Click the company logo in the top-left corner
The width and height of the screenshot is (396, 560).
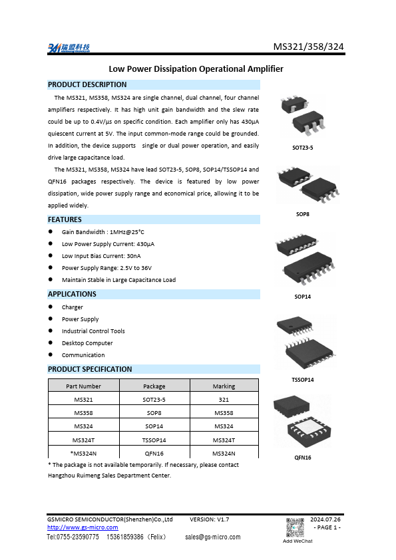pyautogui.click(x=69, y=48)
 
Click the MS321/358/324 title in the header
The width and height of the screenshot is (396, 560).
pyautogui.click(x=309, y=47)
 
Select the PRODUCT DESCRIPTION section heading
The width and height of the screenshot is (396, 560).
pyautogui.click(x=87, y=84)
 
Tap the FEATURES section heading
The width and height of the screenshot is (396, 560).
pyautogui.click(x=65, y=219)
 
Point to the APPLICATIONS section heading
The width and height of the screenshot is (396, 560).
pyautogui.click(x=72, y=294)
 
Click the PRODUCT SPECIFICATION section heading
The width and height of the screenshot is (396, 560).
pyautogui.click(x=90, y=369)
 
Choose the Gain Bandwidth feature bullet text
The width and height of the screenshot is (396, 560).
pyautogui.click(x=102, y=232)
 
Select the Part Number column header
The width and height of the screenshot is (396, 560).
pyautogui.click(x=83, y=386)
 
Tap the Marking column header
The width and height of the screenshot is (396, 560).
pyautogui.click(x=224, y=386)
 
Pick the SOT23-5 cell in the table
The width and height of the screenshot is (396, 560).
pyautogui.click(x=154, y=400)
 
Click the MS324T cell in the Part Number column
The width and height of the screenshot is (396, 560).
pyautogui.click(x=83, y=440)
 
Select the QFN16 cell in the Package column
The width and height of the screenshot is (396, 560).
pyautogui.click(x=154, y=454)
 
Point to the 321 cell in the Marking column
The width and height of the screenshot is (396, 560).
pyautogui.click(x=224, y=400)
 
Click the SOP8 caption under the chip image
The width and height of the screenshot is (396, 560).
pyautogui.click(x=303, y=214)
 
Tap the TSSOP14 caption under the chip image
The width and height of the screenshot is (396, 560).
pyautogui.click(x=303, y=380)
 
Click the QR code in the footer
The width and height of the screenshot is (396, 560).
pyautogui.click(x=296, y=526)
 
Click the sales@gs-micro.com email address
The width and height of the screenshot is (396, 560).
pyautogui.click(x=212, y=537)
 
